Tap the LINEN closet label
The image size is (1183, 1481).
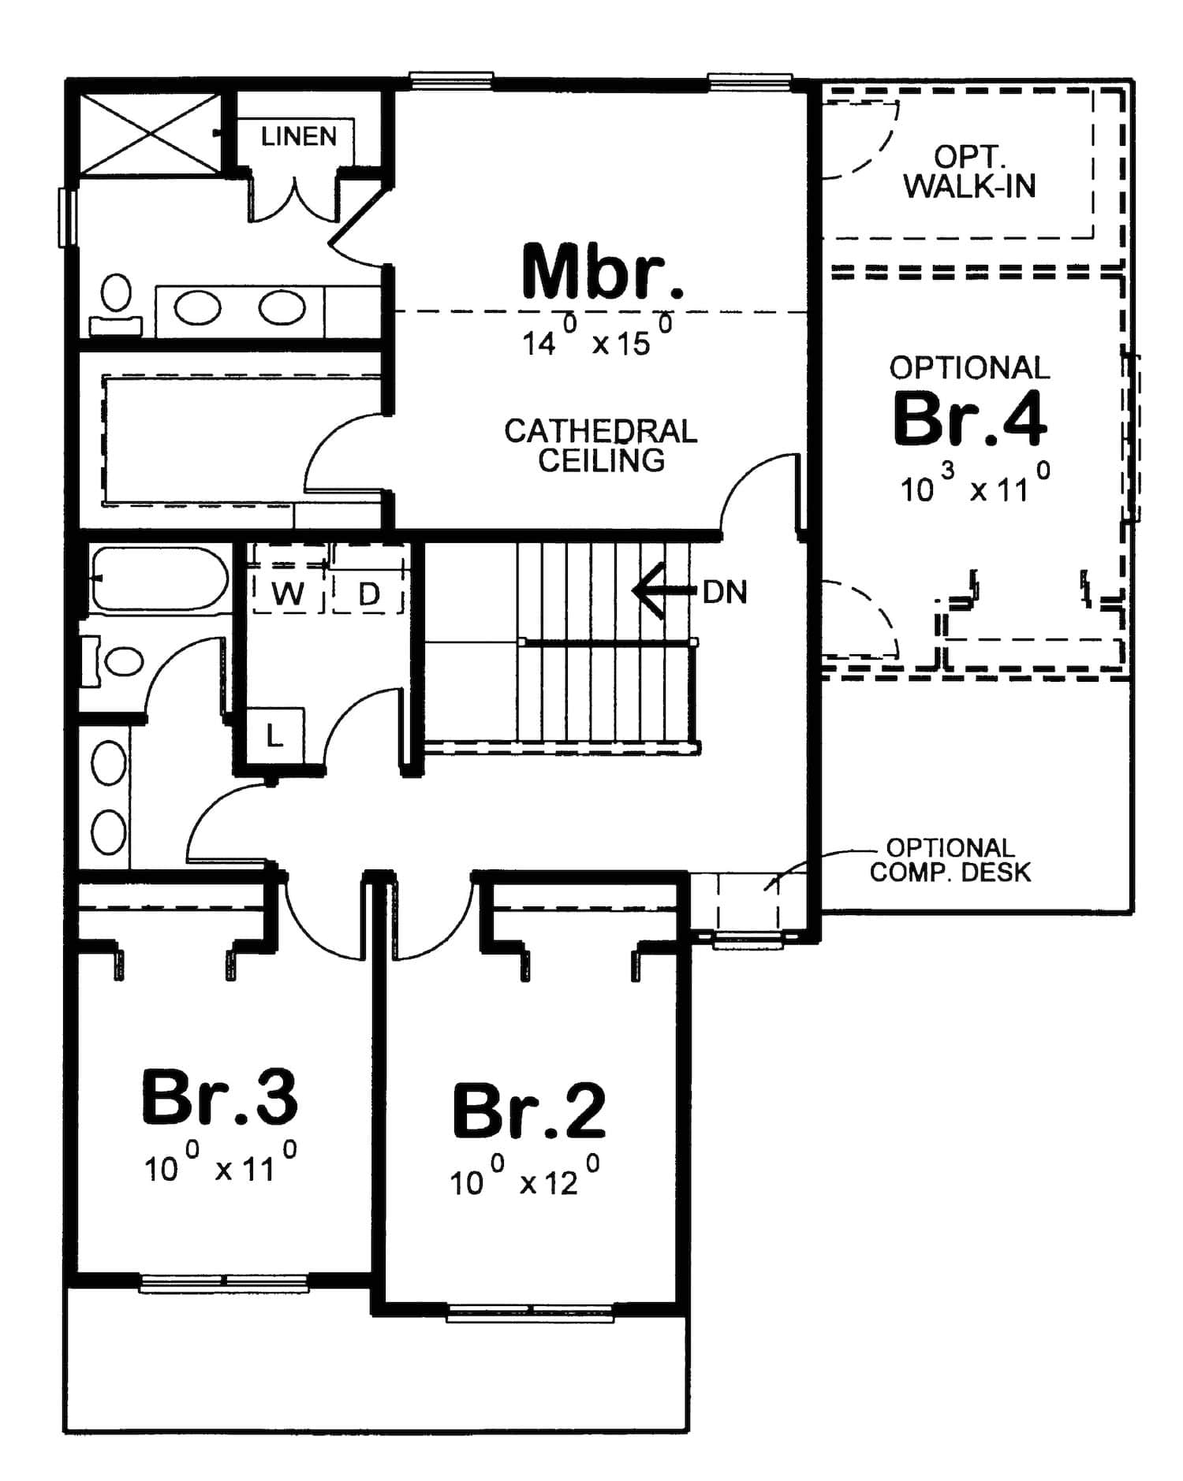(x=298, y=136)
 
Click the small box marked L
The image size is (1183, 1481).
(x=274, y=736)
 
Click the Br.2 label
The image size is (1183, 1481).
(x=529, y=1111)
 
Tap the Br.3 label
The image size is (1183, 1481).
(x=219, y=1096)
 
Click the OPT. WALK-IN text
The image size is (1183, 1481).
(x=969, y=172)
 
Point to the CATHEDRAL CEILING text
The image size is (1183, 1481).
(x=601, y=445)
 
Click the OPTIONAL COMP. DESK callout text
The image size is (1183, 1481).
(x=950, y=860)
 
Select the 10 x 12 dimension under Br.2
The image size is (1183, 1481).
(x=524, y=1180)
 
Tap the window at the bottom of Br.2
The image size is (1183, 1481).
(x=530, y=1312)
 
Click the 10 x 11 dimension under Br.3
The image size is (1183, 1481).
(x=220, y=1166)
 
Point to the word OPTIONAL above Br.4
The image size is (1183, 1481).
(x=969, y=367)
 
